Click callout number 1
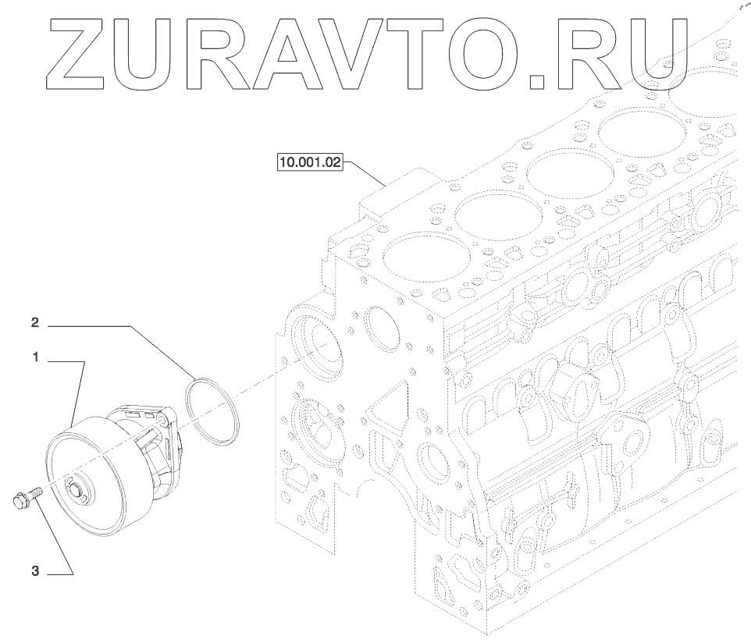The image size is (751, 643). pyautogui.click(x=36, y=358)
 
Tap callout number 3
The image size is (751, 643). pyautogui.click(x=35, y=572)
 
